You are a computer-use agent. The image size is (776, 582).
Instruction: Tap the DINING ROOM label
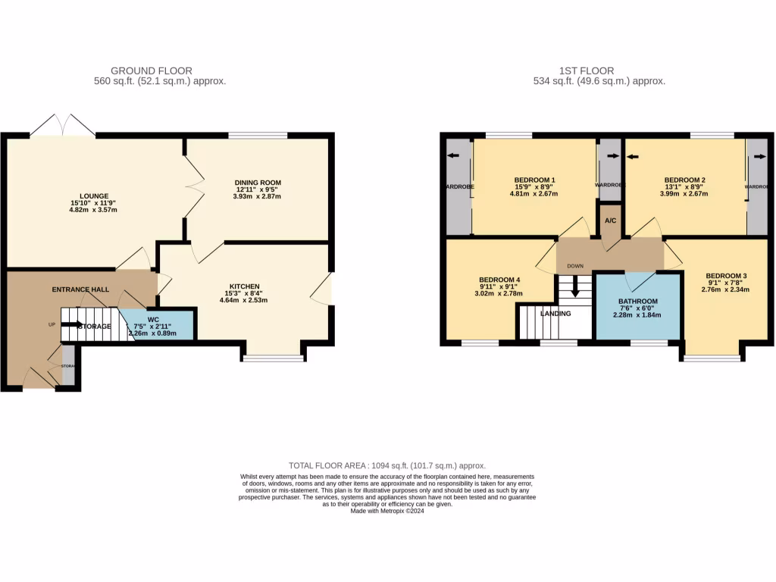[258, 183]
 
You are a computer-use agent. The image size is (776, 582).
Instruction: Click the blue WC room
[161, 325]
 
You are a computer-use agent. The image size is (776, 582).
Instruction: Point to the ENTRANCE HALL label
[80, 289]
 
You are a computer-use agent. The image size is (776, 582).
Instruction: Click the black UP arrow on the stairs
[72, 324]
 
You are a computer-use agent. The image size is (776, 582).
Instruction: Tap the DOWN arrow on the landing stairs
[575, 287]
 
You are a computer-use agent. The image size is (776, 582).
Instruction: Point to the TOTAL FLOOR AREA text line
[387, 465]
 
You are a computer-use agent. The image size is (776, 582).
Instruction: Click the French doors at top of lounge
[63, 126]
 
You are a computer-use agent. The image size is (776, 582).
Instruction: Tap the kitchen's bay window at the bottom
[272, 358]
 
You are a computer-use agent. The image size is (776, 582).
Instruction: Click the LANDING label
[555, 313]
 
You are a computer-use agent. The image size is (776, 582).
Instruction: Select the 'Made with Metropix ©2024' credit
[387, 511]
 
